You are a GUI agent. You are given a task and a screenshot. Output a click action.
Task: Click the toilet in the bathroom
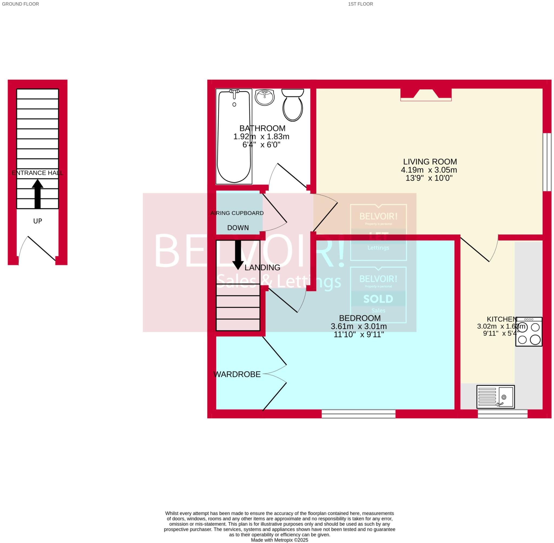tap(292, 105)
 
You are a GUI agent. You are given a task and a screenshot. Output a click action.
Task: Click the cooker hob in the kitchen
tap(529, 332)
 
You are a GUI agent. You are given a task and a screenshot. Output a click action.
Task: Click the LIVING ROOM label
tap(430, 162)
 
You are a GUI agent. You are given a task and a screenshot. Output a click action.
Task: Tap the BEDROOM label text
tap(360, 318)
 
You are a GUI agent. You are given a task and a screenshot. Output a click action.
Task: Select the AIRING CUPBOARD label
tap(237, 213)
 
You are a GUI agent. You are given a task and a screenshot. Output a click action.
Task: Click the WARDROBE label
tap(237, 375)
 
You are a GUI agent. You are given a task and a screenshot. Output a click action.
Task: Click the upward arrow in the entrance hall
tap(37, 194)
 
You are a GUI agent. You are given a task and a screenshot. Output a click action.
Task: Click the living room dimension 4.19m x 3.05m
tap(429, 170)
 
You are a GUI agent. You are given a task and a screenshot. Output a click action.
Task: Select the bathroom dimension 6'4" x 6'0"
tap(261, 145)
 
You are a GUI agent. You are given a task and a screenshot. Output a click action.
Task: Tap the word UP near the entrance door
tap(38, 221)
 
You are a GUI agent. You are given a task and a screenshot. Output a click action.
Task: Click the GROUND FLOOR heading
tap(20, 4)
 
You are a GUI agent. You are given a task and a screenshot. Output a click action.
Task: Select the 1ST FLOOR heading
tap(360, 4)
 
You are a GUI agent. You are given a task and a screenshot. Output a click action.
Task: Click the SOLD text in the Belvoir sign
tap(378, 299)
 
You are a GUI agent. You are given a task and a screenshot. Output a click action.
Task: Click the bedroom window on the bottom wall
tap(358, 414)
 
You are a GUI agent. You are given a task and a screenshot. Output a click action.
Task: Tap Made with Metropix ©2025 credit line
tap(279, 540)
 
